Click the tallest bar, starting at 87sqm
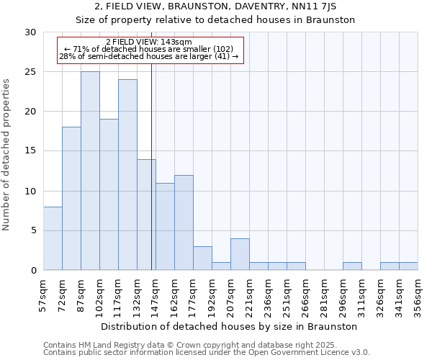tap(90, 171)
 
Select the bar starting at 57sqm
tap(53, 238)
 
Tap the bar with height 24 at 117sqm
tap(127, 175)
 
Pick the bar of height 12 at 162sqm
tap(184, 222)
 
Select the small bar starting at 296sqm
tap(352, 266)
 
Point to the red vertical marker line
tap(151, 166)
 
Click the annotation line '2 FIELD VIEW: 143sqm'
tap(148, 42)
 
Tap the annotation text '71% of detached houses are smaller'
tap(148, 49)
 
